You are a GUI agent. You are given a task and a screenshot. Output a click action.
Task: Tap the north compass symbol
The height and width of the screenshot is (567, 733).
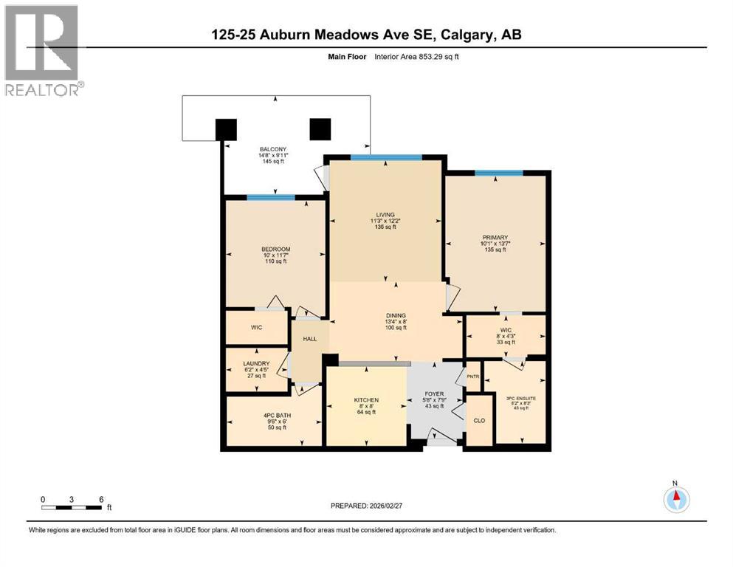pos(675,500)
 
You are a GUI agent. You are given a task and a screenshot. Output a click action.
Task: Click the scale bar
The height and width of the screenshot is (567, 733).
pos(72,507)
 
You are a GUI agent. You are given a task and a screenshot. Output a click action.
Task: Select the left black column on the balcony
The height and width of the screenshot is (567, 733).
pos(227,129)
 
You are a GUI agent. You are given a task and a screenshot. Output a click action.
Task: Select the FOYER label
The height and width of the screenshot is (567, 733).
pos(434,394)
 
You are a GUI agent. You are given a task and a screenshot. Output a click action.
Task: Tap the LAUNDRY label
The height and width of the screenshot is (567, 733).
pos(256,363)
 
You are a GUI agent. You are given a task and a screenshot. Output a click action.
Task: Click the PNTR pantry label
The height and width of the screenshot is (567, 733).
pos(472,377)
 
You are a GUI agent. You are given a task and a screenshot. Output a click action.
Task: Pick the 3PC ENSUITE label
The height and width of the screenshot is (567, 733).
pos(520,399)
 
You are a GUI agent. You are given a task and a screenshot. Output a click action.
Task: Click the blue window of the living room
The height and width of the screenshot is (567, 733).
pos(385,157)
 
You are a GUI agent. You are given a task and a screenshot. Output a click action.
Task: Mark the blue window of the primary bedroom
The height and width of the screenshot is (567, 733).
pos(499,173)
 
